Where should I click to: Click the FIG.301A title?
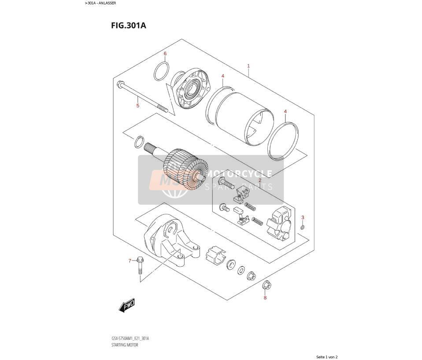click(128, 26)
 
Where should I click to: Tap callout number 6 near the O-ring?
click(165, 54)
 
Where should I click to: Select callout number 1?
click(248, 66)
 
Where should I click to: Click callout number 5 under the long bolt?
click(138, 105)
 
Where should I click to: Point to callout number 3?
click(303, 217)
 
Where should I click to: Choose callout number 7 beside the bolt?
click(130, 261)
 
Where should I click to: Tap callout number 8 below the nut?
click(265, 298)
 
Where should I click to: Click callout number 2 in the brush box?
click(260, 181)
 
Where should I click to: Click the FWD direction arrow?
click(127, 306)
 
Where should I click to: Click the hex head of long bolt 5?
click(120, 84)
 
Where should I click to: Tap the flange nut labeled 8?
click(267, 285)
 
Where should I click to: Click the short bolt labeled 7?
click(140, 266)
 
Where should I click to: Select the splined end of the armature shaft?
click(148, 148)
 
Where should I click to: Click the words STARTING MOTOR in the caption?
click(125, 345)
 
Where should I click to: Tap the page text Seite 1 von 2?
click(327, 357)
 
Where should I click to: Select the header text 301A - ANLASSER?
click(100, 3)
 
